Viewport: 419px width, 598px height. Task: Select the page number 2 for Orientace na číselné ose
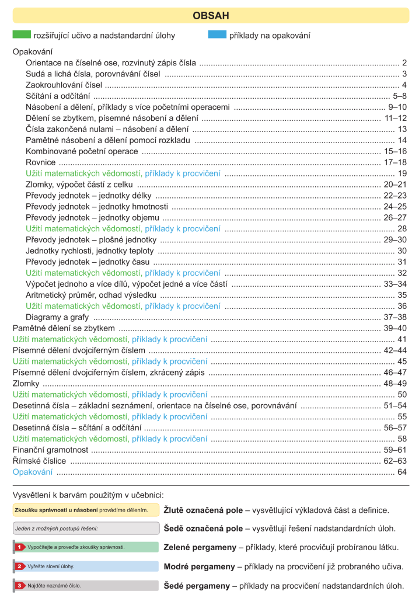pyautogui.click(x=404, y=62)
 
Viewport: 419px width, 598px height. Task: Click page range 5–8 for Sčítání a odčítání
pyautogui.click(x=400, y=96)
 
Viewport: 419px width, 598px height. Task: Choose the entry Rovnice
pyautogui.click(x=41, y=162)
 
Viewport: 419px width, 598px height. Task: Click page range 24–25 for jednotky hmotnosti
pyautogui.click(x=395, y=207)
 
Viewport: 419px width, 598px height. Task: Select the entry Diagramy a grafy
pyautogui.click(x=57, y=317)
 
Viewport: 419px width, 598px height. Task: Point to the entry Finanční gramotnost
pyautogui.click(x=50, y=450)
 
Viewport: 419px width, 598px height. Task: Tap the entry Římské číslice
pyautogui.click(x=39, y=461)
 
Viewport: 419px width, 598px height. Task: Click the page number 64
pyautogui.click(x=401, y=472)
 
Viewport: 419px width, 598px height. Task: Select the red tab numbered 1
pyautogui.click(x=19, y=547)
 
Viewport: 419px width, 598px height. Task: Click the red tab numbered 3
pyautogui.click(x=19, y=585)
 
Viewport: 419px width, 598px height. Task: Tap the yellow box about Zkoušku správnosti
pyautogui.click(x=85, y=510)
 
